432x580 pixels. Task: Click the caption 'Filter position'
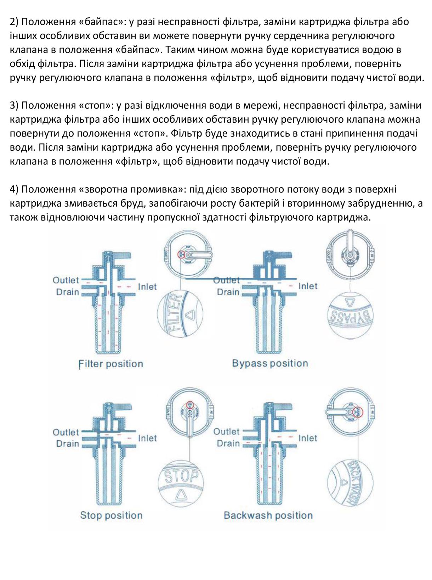pos(110,364)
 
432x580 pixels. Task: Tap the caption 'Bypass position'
pos(270,363)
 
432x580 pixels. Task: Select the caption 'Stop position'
pos(111,515)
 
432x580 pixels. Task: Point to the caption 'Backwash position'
pos(268,515)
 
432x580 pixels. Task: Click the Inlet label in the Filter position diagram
pos(147,286)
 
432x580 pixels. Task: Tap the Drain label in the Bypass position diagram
pos(228,292)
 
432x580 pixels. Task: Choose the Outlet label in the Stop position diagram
pos(66,432)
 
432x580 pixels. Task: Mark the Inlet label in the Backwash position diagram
pos(307,438)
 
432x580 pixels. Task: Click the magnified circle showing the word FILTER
pos(180,314)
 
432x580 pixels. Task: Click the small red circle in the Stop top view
pos(190,405)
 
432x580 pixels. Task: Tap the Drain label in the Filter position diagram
pos(67,292)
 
